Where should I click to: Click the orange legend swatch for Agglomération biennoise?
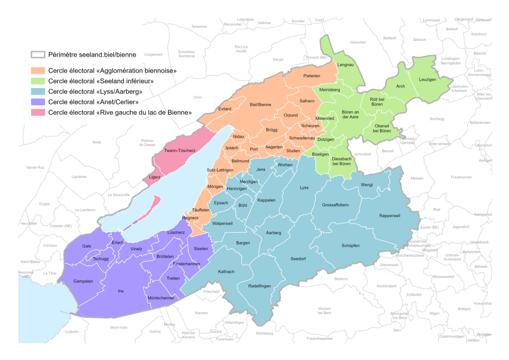click(x=38, y=70)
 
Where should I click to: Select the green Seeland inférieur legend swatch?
click(x=38, y=81)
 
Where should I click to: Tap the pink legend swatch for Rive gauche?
click(x=38, y=112)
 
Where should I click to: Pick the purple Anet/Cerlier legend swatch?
click(x=38, y=102)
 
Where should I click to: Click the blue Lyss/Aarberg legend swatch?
click(x=38, y=91)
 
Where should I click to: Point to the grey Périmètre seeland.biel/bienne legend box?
click(x=38, y=55)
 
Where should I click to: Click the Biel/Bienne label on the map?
click(x=260, y=104)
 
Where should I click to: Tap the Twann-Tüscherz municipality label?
click(x=180, y=151)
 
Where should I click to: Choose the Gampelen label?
click(x=83, y=281)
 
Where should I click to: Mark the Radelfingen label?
click(x=259, y=286)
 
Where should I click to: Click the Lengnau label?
click(x=345, y=64)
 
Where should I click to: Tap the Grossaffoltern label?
click(x=335, y=205)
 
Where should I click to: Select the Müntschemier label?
click(x=160, y=298)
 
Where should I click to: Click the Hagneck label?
click(x=190, y=218)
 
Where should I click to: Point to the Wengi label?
click(x=367, y=185)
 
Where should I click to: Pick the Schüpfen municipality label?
click(x=351, y=246)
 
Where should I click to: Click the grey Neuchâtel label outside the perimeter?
click(x=29, y=223)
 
